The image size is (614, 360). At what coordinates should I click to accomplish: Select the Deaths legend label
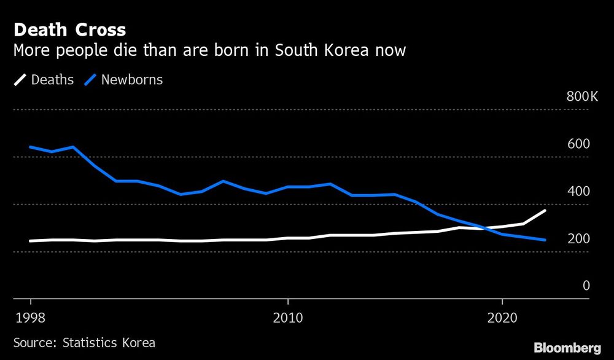click(x=52, y=80)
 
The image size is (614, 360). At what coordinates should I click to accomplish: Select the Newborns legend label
click(x=132, y=80)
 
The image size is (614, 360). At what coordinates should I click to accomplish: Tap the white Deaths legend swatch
click(x=20, y=80)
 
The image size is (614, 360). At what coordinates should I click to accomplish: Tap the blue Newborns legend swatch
click(x=90, y=80)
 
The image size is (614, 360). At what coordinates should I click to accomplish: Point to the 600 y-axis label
click(x=578, y=144)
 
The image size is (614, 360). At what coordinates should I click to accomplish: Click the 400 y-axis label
click(x=578, y=191)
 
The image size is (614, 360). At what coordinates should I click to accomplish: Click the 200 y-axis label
click(x=578, y=238)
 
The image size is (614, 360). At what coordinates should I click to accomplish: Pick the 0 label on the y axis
click(x=586, y=286)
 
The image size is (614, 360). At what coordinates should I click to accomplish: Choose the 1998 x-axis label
click(x=31, y=319)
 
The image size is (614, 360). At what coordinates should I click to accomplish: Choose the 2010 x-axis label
click(x=287, y=319)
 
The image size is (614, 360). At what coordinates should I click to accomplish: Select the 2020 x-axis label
click(x=502, y=319)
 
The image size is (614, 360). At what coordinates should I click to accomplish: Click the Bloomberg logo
click(x=567, y=348)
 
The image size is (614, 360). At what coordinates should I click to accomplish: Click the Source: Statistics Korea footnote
click(x=84, y=343)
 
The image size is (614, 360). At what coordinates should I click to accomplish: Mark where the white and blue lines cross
click(x=488, y=229)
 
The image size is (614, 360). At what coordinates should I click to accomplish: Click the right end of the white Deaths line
click(x=545, y=211)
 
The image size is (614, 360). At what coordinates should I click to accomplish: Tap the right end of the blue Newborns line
click(x=545, y=240)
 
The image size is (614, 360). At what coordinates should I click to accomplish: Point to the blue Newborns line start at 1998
click(x=31, y=147)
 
